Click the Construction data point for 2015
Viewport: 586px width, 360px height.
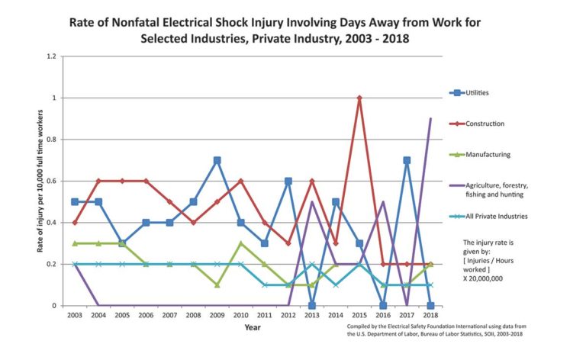click(x=359, y=98)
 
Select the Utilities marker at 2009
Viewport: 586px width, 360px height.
click(x=217, y=160)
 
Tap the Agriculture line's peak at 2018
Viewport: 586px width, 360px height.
click(x=430, y=119)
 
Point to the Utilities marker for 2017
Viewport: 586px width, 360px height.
click(x=406, y=160)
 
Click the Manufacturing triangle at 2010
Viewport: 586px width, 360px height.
click(x=241, y=243)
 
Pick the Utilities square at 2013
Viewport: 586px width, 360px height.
click(x=312, y=305)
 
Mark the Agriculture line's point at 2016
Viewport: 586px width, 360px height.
click(x=382, y=202)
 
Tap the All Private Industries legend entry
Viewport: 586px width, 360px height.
click(x=496, y=216)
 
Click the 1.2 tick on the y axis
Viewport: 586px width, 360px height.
click(x=51, y=56)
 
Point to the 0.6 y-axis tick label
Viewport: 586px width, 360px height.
click(x=51, y=182)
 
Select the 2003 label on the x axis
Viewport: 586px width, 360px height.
click(x=75, y=314)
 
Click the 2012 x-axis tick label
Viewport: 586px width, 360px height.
click(x=288, y=314)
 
